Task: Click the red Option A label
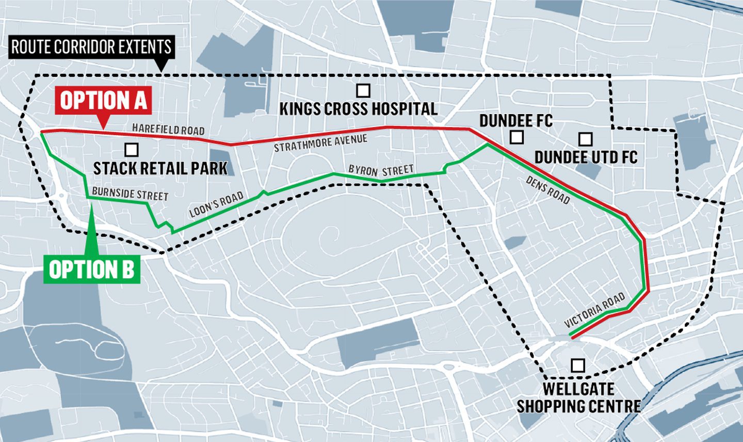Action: (x=104, y=101)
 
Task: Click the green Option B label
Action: (x=92, y=269)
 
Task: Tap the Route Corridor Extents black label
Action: (x=91, y=48)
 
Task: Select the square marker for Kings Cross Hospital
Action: (x=363, y=90)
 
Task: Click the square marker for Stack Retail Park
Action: (x=132, y=150)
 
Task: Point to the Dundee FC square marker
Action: (x=516, y=137)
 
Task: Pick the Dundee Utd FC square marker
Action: (x=585, y=139)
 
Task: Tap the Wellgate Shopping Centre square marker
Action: (x=578, y=366)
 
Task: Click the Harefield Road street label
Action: (x=168, y=130)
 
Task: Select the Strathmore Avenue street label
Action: (x=320, y=143)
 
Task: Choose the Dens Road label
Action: (x=547, y=190)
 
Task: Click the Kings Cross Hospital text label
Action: (x=358, y=109)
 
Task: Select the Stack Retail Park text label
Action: (x=160, y=168)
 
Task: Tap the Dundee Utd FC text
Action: (x=586, y=157)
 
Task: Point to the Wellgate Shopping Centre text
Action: (x=578, y=397)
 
